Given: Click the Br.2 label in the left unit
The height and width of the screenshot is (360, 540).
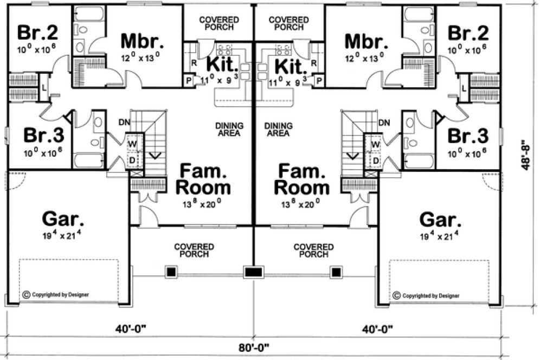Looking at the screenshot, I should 38,33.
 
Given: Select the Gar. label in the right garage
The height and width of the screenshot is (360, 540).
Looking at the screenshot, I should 440,221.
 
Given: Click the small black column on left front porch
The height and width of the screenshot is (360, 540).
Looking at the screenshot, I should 171,271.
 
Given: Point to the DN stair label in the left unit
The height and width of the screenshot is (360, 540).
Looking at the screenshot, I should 125,123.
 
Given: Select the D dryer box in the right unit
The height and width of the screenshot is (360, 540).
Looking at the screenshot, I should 376,160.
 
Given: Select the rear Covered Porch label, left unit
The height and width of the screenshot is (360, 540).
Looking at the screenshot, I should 217,23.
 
